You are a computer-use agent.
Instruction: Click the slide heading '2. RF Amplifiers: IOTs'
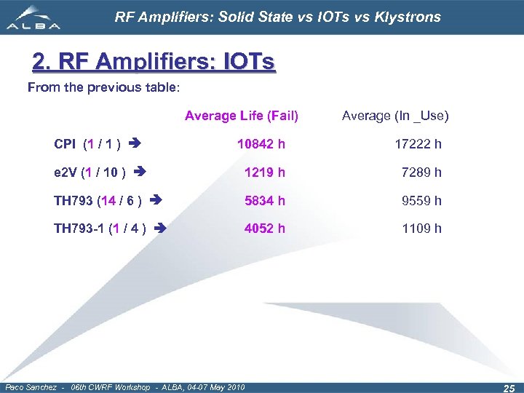(x=154, y=63)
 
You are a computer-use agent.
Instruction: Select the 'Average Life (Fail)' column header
(x=242, y=116)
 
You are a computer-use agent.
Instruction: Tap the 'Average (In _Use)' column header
(x=395, y=116)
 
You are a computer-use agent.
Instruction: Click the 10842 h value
(x=261, y=144)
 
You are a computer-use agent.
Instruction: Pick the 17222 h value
(x=418, y=144)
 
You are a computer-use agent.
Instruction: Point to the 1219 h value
(x=265, y=172)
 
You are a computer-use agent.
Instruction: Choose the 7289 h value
(x=421, y=172)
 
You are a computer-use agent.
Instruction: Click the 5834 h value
(x=265, y=201)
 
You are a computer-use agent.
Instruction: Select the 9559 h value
(x=421, y=201)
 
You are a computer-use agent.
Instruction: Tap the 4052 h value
(x=265, y=229)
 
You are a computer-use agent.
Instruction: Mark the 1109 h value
(x=421, y=229)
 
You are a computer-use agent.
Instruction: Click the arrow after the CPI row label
(x=134, y=143)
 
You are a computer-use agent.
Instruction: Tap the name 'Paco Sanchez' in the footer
(x=31, y=386)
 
